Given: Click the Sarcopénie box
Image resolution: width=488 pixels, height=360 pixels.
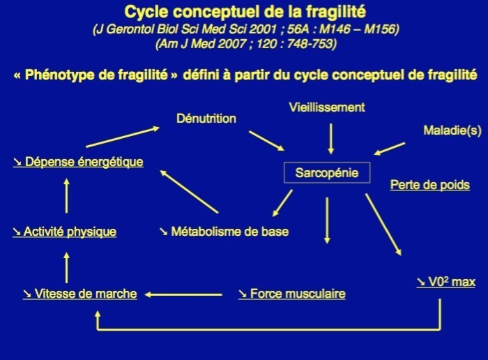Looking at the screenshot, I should click(x=326, y=173).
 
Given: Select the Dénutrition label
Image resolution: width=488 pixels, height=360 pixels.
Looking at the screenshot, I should click(x=206, y=119).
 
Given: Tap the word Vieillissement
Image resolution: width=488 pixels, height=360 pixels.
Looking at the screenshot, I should click(x=327, y=107).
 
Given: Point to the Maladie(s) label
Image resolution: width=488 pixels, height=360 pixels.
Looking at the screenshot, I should click(x=451, y=130).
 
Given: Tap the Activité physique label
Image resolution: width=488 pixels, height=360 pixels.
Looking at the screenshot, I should click(x=64, y=232).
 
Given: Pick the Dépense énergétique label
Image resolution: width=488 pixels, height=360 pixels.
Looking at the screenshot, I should click(x=77, y=162).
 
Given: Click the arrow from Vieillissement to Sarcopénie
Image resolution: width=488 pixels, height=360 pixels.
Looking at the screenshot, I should click(x=331, y=138).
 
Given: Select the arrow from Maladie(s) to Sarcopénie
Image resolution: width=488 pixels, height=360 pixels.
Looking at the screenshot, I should click(x=390, y=149).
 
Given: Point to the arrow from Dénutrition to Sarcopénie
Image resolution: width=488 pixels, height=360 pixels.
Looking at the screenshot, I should click(x=266, y=140).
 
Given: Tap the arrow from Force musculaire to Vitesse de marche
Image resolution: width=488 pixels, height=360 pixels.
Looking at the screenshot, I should click(x=183, y=294).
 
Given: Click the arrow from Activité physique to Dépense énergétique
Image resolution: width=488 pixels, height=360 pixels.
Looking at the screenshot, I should click(x=66, y=195).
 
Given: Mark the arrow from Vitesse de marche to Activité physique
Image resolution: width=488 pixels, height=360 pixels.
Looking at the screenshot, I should click(x=66, y=267).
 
